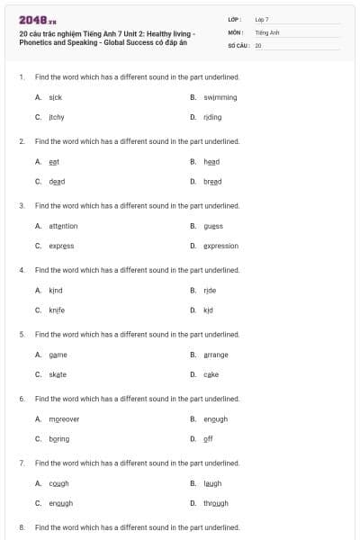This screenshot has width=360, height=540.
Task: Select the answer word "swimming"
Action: point(220,96)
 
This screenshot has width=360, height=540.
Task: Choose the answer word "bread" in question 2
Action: point(212,181)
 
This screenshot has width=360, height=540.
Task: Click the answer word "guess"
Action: point(213,226)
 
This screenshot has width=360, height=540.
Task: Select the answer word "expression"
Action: point(220,246)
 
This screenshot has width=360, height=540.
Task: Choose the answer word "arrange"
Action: point(216,355)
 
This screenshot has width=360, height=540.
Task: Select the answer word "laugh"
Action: point(212,483)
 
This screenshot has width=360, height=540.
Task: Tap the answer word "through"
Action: point(216,503)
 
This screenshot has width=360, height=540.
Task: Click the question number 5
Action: point(22,334)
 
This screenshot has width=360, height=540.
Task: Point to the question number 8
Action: point(22,526)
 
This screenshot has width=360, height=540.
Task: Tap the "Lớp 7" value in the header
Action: point(262,19)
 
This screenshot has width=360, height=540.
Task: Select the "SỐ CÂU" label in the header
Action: point(238,44)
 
